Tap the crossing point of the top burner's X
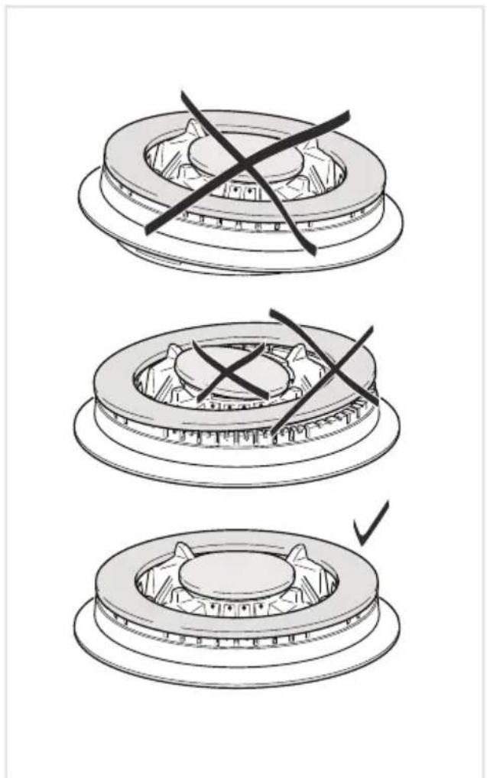tap(244, 163)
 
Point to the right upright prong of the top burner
tap(310, 145)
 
